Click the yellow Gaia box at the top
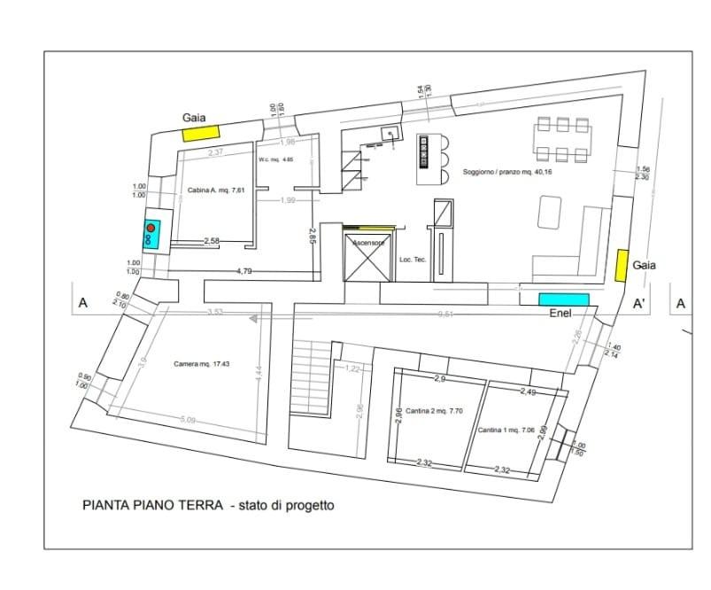coord(201,133)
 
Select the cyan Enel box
coord(564,299)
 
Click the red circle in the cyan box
coord(151,229)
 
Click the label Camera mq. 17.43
coord(202,364)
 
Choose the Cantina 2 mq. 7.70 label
coord(431,411)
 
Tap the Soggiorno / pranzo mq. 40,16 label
coord(501,172)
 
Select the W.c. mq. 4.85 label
coord(275,160)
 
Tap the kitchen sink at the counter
coord(387,135)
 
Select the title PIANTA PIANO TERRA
coord(151,507)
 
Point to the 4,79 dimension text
coord(244,271)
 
